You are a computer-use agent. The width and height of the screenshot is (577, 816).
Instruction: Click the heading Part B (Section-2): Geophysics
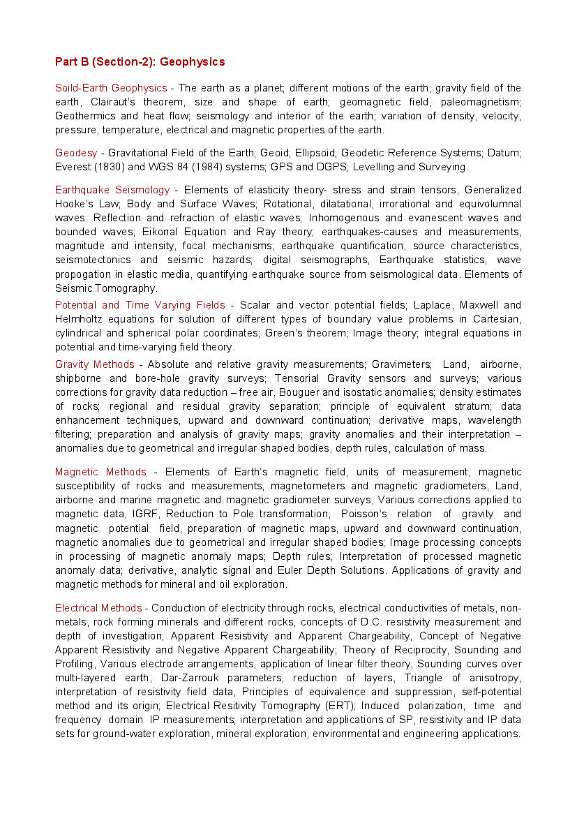140,61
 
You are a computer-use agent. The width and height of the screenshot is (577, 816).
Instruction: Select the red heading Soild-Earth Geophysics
111,88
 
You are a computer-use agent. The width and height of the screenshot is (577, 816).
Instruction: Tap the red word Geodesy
76,153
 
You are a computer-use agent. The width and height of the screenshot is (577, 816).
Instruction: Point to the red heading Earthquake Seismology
112,190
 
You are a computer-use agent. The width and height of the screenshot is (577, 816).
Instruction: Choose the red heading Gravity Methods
94,364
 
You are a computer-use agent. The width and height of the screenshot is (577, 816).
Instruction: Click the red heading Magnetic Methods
100,473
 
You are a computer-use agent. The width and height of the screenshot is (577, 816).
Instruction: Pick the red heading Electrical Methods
98,608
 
